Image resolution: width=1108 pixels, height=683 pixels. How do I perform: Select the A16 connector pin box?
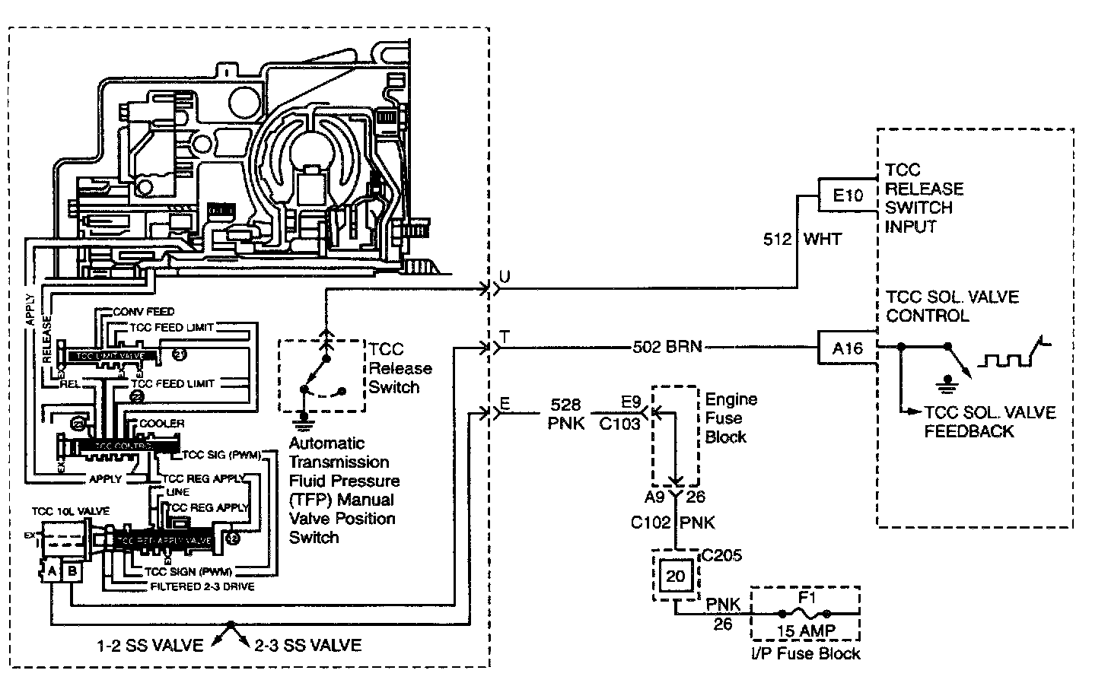848,348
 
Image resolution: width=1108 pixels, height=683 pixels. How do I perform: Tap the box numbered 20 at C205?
676,577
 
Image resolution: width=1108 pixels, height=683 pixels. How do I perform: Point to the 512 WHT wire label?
802,240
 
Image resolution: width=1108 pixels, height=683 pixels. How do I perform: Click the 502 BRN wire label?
667,348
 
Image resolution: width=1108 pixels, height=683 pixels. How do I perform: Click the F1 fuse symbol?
805,613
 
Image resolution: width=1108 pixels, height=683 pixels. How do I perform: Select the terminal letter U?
504,276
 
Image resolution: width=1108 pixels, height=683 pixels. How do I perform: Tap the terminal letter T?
505,335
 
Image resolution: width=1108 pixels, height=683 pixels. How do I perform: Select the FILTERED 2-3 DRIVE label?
202,586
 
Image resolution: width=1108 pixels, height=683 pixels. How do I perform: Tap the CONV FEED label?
144,312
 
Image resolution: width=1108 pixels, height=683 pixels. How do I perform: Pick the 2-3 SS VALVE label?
307,646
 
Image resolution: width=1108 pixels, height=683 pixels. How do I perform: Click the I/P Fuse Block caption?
805,653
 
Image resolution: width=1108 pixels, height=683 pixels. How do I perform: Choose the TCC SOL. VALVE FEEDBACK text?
989,422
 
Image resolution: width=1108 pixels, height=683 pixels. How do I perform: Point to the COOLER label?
162,423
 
